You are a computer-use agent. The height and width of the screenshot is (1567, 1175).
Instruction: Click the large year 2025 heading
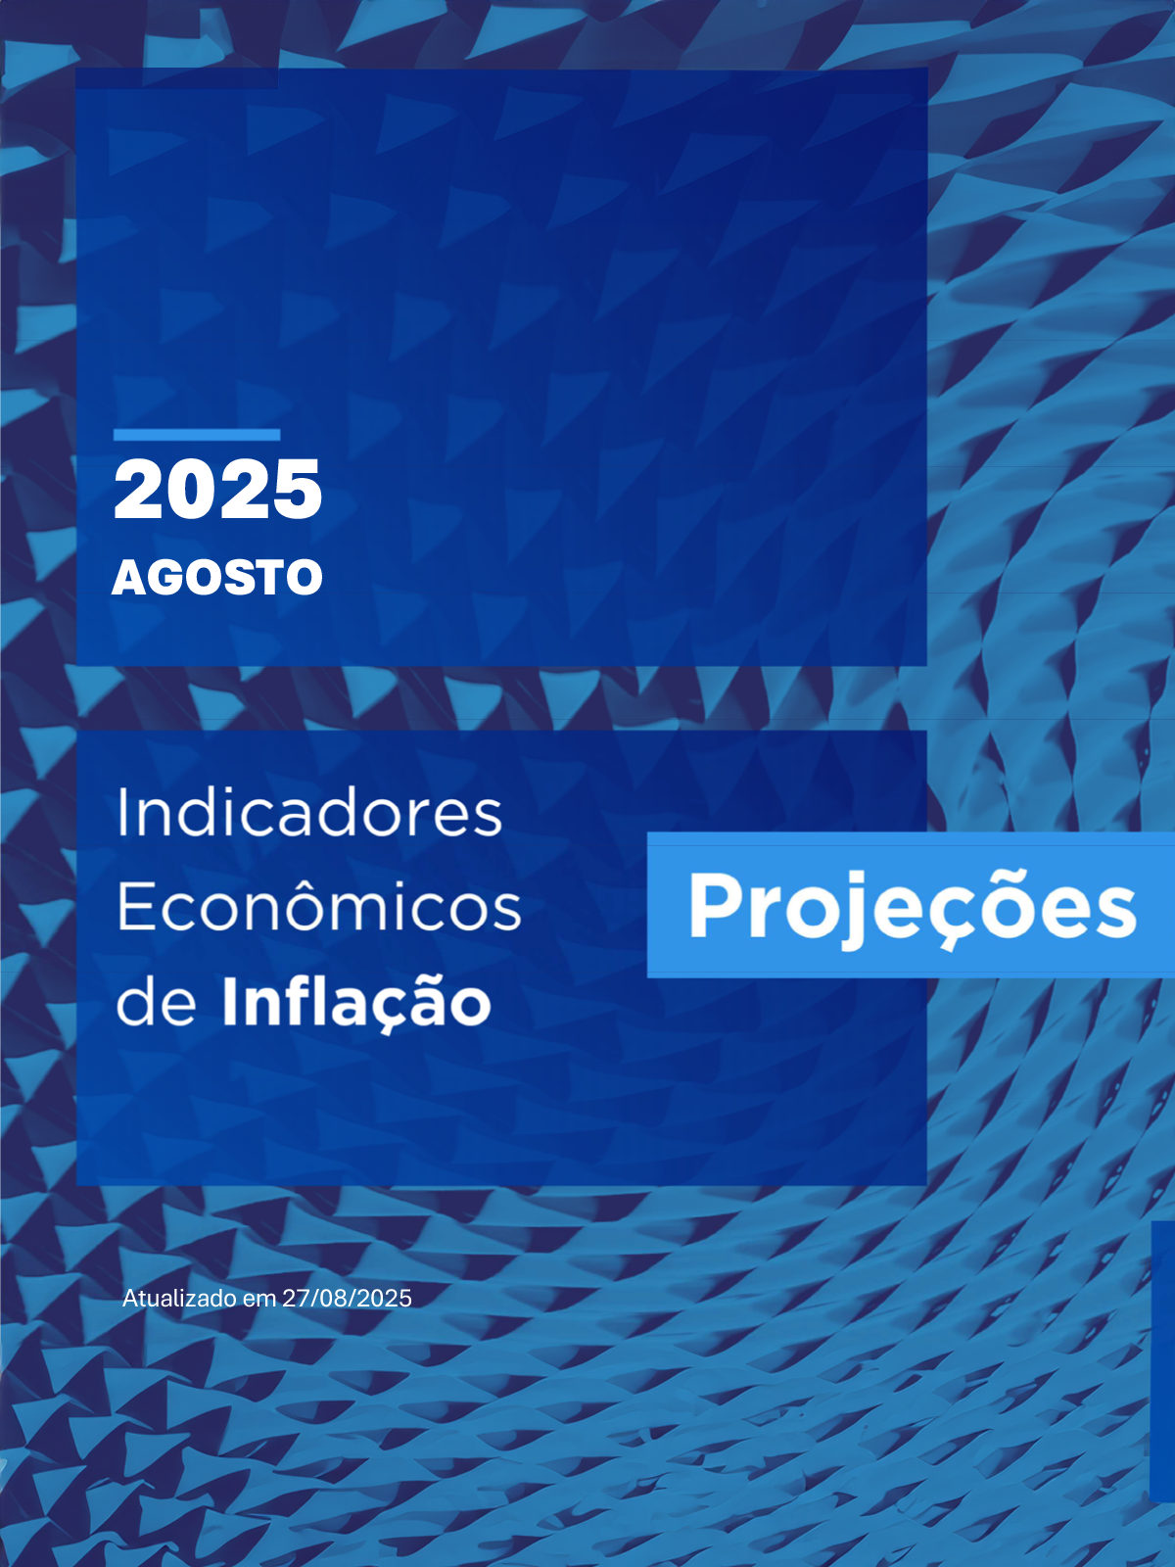[x=217, y=490]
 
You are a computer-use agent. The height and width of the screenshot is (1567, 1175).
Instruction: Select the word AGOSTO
[x=217, y=577]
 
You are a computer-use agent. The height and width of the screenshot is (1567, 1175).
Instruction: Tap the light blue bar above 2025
[x=197, y=435]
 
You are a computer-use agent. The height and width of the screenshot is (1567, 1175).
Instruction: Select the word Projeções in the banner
[x=913, y=910]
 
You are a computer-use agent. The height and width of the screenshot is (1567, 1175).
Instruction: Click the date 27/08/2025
[x=347, y=1298]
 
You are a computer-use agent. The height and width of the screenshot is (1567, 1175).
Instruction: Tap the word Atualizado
[x=180, y=1298]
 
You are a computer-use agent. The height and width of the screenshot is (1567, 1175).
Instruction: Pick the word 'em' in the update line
[x=259, y=1300]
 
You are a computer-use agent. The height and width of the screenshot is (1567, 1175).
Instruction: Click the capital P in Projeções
[x=717, y=905]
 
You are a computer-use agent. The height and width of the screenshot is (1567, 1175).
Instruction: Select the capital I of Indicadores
[x=121, y=813]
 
